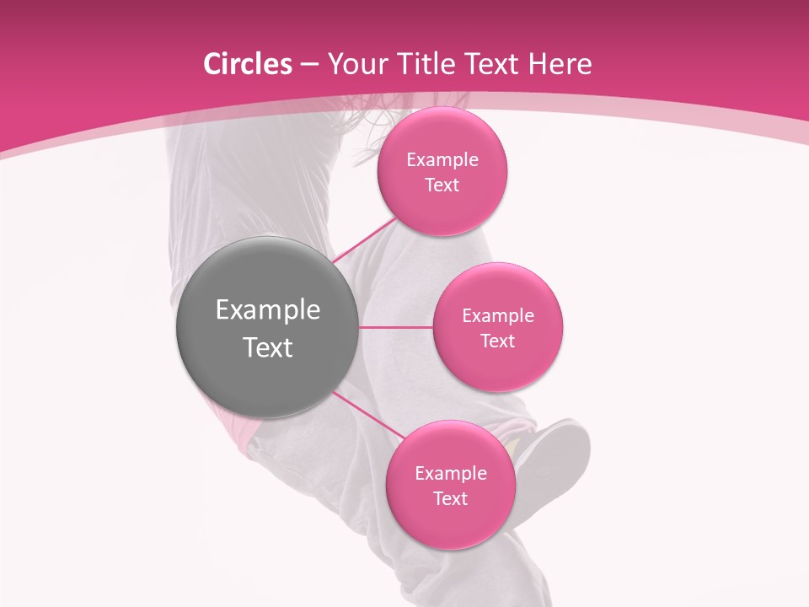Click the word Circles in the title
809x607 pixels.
247,64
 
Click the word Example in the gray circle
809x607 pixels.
268,310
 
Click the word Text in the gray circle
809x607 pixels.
268,347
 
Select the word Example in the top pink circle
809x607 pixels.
442,160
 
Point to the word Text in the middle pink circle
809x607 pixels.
497,341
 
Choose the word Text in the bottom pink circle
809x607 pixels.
450,499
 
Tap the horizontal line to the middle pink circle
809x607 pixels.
396,327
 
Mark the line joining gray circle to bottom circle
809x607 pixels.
368,415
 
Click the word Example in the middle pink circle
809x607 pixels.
497,316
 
